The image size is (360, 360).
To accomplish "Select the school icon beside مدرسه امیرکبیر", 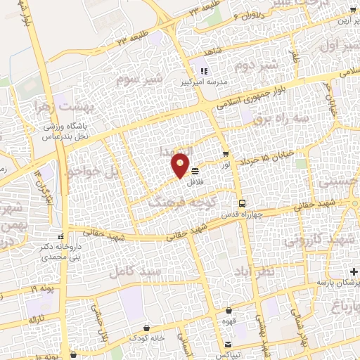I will [x=205, y=71].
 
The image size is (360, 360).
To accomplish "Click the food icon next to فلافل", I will [x=195, y=171].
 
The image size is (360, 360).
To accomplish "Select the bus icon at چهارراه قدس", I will [x=242, y=202].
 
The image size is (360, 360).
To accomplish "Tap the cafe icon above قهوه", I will [x=229, y=311].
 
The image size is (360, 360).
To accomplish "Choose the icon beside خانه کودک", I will [x=146, y=328].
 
